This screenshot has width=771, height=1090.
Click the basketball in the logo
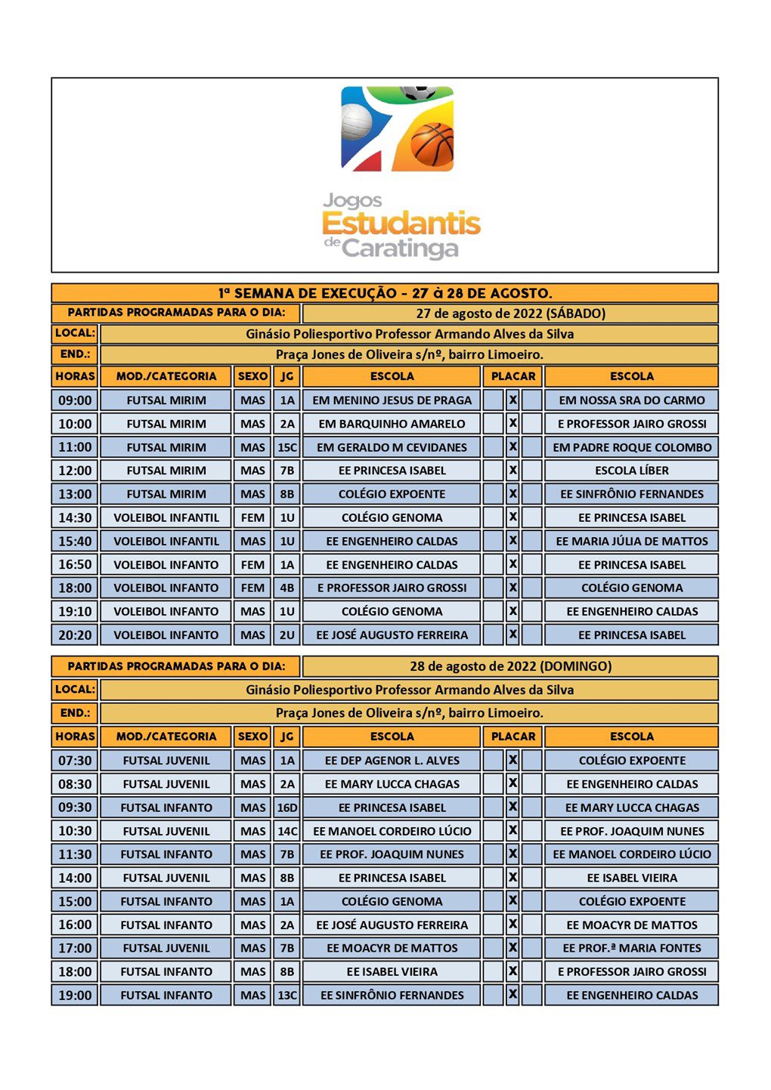tap(432, 144)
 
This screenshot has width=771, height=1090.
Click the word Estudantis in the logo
tap(401, 224)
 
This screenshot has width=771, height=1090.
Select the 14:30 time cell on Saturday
tap(75, 517)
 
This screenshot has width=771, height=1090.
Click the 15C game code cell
tap(287, 447)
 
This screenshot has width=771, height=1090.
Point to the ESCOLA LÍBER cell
tap(631, 471)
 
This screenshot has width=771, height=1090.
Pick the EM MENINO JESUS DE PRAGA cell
tap(392, 400)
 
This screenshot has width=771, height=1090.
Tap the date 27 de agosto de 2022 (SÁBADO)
tap(510, 313)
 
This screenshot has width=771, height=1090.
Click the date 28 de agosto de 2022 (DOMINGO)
tap(510, 666)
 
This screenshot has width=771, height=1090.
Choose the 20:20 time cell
tap(75, 635)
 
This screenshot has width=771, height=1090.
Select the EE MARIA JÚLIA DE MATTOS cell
tap(631, 541)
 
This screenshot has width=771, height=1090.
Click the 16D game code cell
tap(287, 807)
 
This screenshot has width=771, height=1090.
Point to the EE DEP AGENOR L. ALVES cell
tap(392, 761)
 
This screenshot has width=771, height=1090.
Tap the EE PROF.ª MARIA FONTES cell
tap(631, 948)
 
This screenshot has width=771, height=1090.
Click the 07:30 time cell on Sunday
tap(75, 761)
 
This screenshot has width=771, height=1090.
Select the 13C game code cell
tap(287, 995)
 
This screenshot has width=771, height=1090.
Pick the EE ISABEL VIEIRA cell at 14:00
tap(631, 878)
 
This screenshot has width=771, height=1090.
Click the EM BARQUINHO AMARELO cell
tap(392, 424)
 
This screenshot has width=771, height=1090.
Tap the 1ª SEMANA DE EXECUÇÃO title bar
tap(385, 293)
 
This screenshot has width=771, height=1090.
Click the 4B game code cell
tap(287, 588)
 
